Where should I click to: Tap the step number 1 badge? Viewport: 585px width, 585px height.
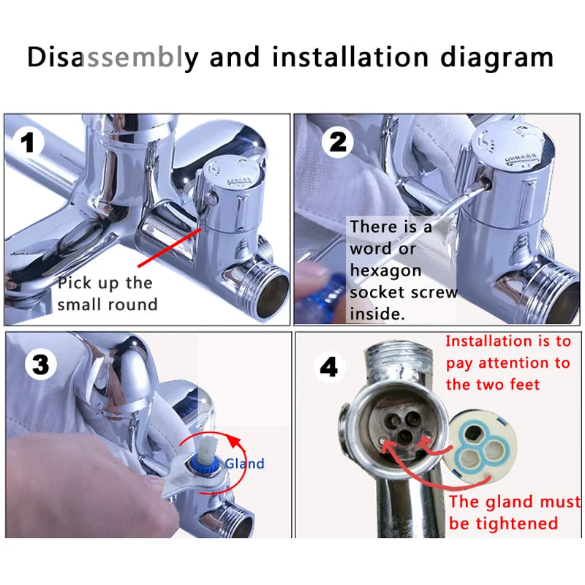[29, 142]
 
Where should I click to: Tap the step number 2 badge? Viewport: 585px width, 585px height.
[337, 142]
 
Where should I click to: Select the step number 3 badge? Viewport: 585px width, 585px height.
[40, 363]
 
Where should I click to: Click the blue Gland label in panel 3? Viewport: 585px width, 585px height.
[244, 463]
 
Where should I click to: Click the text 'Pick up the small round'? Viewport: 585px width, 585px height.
[107, 293]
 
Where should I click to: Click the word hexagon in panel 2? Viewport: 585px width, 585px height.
[385, 271]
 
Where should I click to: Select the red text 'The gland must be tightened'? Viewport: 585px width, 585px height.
[514, 512]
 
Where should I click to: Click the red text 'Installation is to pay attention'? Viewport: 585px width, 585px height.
[507, 362]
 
